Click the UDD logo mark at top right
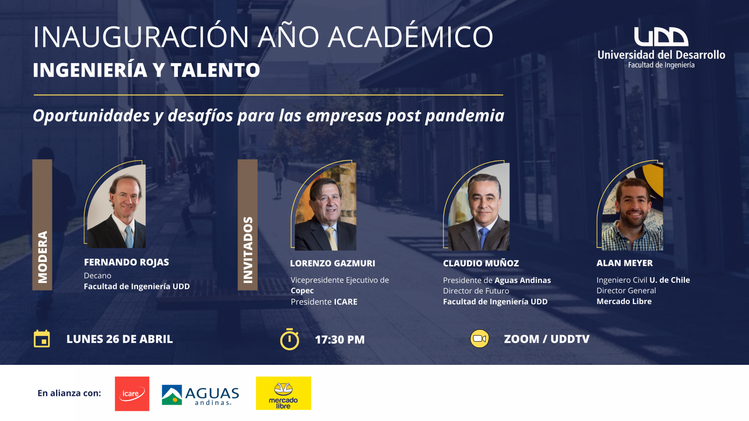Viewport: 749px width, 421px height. (x=661, y=37)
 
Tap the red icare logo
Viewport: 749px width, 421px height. (x=132, y=394)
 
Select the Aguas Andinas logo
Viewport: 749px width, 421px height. (x=201, y=395)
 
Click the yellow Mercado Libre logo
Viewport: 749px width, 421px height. (x=283, y=393)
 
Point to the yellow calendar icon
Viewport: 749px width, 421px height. (x=42, y=339)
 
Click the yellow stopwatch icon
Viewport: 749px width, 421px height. (x=289, y=339)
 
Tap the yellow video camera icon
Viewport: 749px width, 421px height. (x=479, y=339)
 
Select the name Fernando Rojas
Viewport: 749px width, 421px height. (x=126, y=262)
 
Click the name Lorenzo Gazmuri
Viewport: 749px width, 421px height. (x=332, y=264)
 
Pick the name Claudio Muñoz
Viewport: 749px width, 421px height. (x=481, y=264)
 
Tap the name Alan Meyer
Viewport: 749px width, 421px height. (x=625, y=263)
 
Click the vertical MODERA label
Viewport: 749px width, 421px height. (x=42, y=257)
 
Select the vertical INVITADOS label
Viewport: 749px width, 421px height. (x=248, y=250)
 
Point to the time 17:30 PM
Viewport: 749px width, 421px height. (x=340, y=340)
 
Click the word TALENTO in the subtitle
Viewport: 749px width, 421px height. (x=215, y=70)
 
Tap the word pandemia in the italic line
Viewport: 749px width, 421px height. (x=465, y=116)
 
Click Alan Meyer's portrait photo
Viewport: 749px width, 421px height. (x=632, y=207)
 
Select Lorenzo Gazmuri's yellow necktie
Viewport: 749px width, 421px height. (x=332, y=239)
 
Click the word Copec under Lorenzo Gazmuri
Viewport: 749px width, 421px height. (x=302, y=291)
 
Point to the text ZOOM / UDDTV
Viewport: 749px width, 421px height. (x=547, y=339)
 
